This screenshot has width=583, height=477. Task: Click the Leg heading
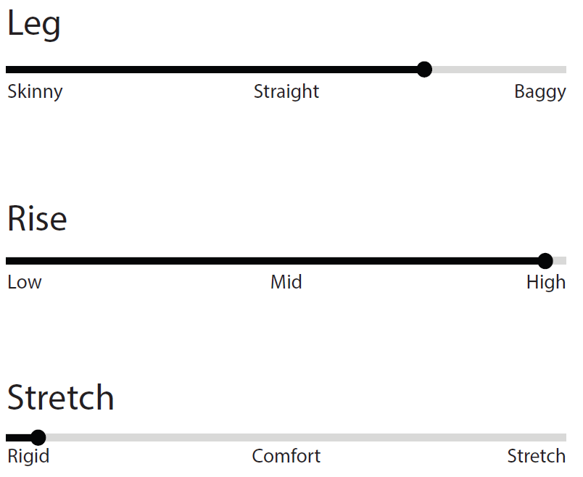[33, 24]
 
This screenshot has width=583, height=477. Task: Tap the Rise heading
[37, 218]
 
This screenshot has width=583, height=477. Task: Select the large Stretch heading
[61, 397]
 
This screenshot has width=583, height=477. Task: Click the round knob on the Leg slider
[424, 70]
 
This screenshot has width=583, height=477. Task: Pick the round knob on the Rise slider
[545, 261]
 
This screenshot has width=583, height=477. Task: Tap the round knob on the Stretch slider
[38, 438]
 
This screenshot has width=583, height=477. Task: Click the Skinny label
[35, 92]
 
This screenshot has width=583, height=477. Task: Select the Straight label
[286, 92]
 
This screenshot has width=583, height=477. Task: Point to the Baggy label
[540, 92]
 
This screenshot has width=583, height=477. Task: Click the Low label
[25, 282]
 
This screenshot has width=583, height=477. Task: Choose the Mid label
[286, 282]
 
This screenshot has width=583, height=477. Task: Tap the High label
[546, 283]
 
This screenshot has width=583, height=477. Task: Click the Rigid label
[28, 457]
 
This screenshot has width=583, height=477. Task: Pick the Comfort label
[286, 456]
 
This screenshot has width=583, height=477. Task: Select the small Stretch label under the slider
[537, 456]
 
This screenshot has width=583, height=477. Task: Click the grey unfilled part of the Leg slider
[499, 70]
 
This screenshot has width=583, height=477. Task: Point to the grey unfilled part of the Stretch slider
[305, 438]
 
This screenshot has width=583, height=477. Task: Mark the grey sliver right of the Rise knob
[560, 261]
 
